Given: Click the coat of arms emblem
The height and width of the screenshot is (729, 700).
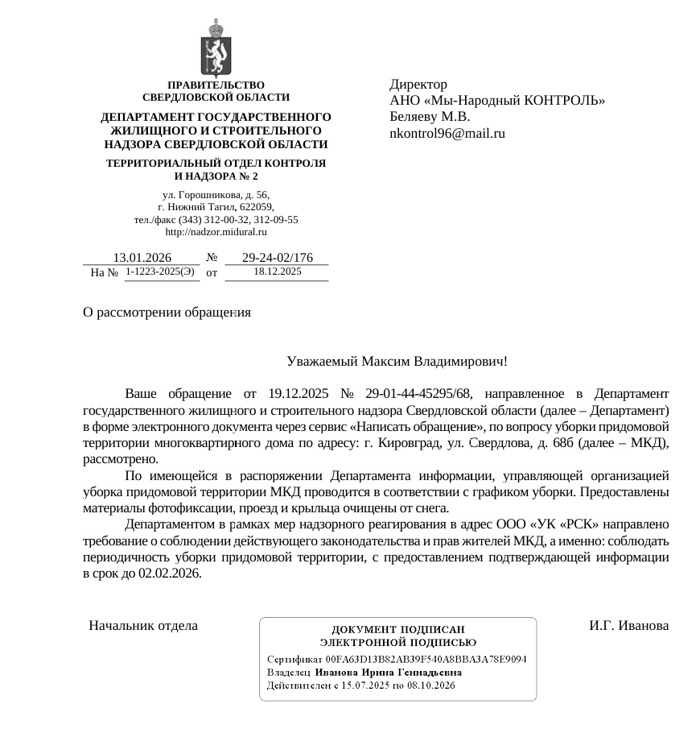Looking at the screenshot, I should [x=216, y=48].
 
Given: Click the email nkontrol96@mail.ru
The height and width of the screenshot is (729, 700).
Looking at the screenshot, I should [x=447, y=134].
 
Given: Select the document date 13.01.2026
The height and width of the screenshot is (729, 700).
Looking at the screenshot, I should [x=142, y=258].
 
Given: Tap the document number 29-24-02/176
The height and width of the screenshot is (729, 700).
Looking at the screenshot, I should [x=277, y=258].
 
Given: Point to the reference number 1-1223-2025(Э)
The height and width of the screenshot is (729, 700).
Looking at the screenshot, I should [x=159, y=272].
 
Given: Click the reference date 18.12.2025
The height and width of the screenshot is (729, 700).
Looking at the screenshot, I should [x=277, y=272].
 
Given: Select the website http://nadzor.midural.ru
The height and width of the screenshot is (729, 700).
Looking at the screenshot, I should [x=216, y=232].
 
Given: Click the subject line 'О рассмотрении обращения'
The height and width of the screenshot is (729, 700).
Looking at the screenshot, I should [x=167, y=313].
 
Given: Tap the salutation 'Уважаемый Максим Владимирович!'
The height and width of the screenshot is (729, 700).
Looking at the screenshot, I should [x=397, y=362].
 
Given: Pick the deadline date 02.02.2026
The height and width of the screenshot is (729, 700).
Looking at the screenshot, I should [x=170, y=574].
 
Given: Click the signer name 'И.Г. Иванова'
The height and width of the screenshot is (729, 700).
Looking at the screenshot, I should [x=628, y=626].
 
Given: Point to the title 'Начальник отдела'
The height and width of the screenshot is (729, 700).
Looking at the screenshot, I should [x=143, y=626].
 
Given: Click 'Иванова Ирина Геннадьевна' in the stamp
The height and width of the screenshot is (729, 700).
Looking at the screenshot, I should [x=389, y=672].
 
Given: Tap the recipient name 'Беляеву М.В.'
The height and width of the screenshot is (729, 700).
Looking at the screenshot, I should [x=430, y=117].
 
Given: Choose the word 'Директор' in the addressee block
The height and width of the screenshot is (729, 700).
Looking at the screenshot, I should [x=418, y=85].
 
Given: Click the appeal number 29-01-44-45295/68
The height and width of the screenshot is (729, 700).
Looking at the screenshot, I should [x=418, y=394].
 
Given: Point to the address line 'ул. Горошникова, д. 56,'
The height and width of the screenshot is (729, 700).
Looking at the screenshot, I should [x=216, y=196].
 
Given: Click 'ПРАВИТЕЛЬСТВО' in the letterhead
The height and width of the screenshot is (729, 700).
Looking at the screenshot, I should [x=216, y=85].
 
